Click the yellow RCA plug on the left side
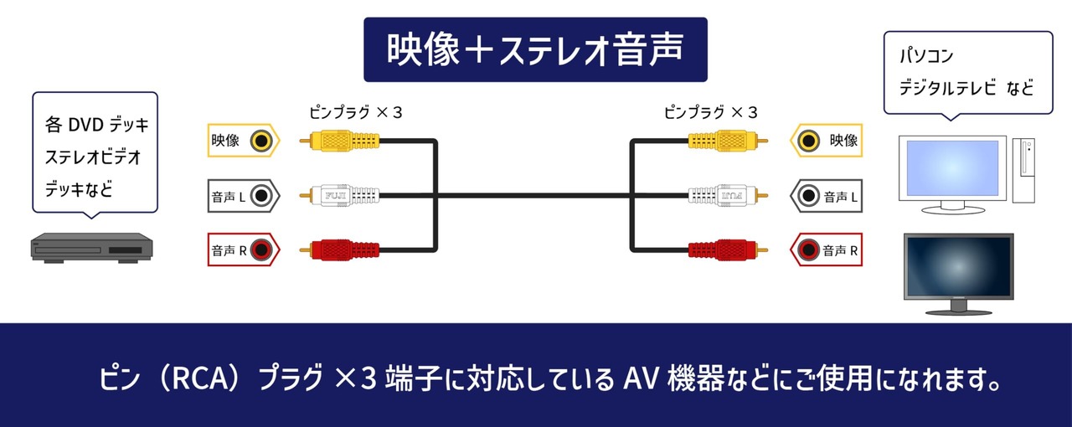(x=340, y=141)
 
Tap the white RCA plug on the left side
(x=340, y=196)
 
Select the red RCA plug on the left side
(x=340, y=250)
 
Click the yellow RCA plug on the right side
(x=728, y=141)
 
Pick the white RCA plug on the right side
(x=728, y=196)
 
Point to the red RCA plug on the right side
(x=728, y=250)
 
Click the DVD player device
(x=92, y=248)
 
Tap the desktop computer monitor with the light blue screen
(x=952, y=174)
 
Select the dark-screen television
(x=959, y=274)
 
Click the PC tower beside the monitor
(x=1023, y=170)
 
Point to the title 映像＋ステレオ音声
(x=535, y=49)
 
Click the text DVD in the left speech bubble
(x=86, y=125)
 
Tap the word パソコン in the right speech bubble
(x=926, y=56)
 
